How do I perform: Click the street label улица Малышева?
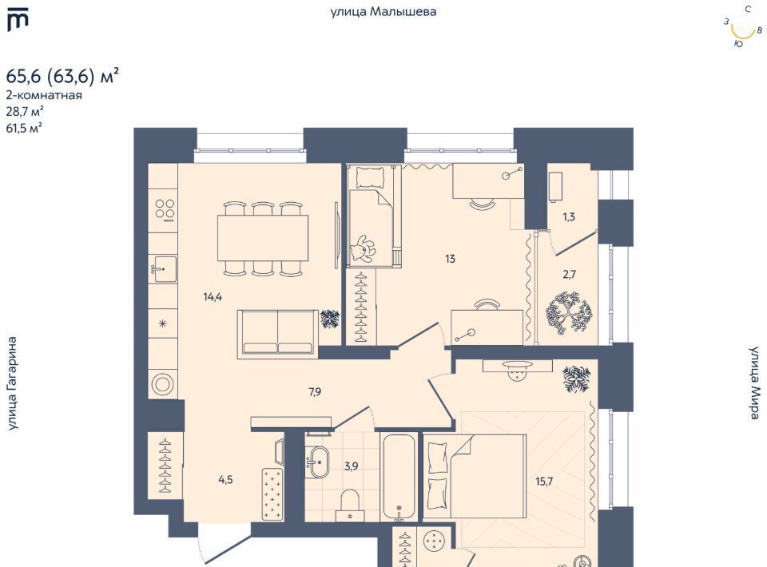(383, 11)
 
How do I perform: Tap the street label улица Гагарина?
(12, 383)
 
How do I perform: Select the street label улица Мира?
(754, 383)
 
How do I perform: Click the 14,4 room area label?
(213, 296)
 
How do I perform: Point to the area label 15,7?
(544, 482)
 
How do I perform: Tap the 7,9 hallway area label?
(315, 391)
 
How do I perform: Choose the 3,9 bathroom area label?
(351, 466)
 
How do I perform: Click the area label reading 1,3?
(568, 216)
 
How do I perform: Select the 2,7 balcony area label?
(569, 274)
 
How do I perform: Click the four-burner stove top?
(165, 209)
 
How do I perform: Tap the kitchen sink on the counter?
(163, 269)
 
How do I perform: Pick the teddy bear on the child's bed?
(363, 248)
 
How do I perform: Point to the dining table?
(263, 238)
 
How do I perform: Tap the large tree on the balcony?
(568, 313)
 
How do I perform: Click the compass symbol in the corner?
(742, 27)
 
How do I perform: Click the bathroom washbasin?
(320, 462)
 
